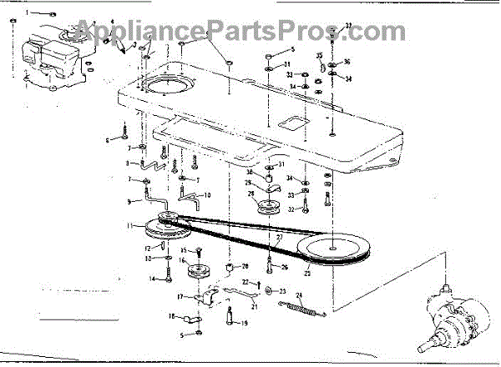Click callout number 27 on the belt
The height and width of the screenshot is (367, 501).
point(279,237)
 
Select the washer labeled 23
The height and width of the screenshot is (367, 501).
point(268,291)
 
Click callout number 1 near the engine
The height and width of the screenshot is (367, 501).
point(26,14)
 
